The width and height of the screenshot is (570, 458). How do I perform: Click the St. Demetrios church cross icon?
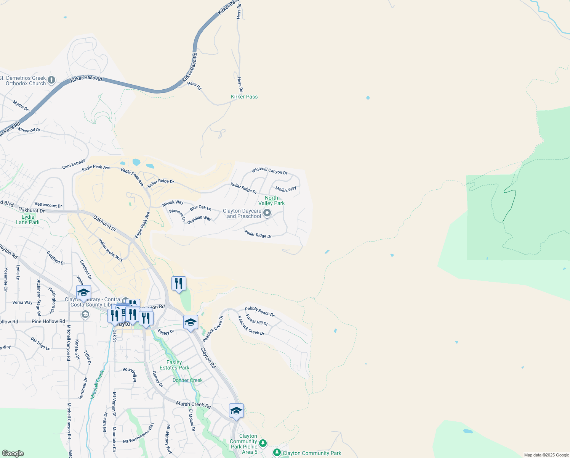(x=51, y=80)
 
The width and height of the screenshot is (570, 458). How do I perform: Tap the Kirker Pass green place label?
(x=244, y=97)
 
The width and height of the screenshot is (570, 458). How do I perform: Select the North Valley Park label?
(x=271, y=200)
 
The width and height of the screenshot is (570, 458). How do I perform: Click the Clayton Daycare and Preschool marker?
(x=267, y=213)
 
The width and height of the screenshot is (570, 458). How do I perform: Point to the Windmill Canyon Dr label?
(x=269, y=171)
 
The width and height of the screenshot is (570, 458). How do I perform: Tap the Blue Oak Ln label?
(x=200, y=208)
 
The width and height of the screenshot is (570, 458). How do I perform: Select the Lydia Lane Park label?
(x=28, y=219)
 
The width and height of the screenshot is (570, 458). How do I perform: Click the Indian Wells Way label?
(x=110, y=250)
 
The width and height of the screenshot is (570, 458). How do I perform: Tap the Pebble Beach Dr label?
(x=259, y=311)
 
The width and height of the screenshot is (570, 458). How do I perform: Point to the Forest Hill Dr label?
(x=257, y=320)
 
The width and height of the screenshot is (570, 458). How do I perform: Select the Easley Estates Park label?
(x=175, y=365)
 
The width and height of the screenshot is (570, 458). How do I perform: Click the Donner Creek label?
(x=187, y=380)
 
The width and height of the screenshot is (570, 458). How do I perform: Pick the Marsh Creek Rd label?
(x=193, y=405)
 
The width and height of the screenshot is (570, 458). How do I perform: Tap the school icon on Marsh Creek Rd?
(x=236, y=411)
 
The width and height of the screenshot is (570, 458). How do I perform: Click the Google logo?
(x=13, y=453)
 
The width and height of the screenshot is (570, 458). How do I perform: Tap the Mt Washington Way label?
(x=138, y=433)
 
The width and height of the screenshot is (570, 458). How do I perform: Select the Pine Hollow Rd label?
(x=48, y=321)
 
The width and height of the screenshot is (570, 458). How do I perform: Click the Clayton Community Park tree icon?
(x=277, y=453)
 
